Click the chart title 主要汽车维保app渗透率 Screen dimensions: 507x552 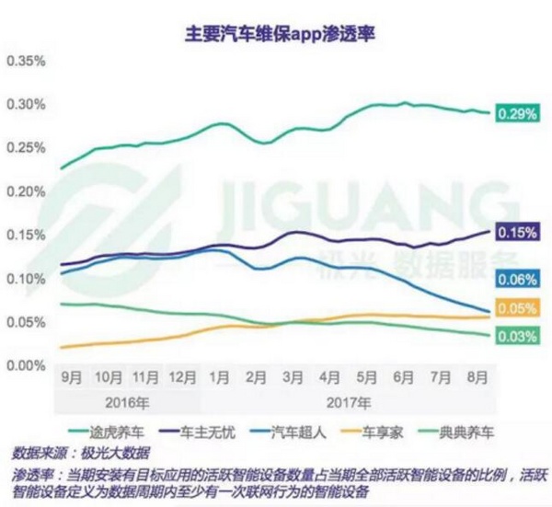[276, 35]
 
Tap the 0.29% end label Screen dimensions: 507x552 [517, 113]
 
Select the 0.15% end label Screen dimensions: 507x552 [517, 234]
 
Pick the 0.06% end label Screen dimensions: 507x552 [517, 279]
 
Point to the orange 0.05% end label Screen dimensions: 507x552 [517, 308]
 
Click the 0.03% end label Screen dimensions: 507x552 [517, 337]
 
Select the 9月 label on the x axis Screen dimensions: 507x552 [70, 376]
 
